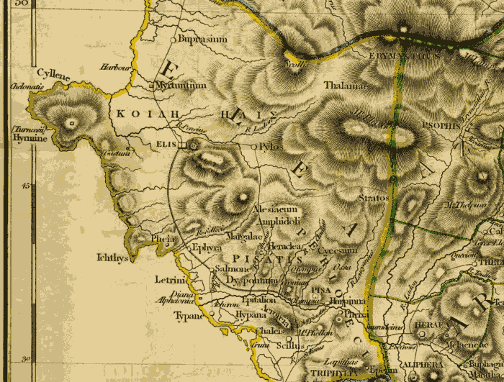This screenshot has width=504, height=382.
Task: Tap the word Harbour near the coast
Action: click(114, 68)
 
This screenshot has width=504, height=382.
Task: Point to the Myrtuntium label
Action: click(181, 85)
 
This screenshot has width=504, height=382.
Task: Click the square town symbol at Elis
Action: click(182, 145)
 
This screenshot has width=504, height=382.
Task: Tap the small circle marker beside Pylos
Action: click(253, 146)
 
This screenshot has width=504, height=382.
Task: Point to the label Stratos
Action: click(374, 197)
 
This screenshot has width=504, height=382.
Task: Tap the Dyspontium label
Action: click(251, 279)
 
